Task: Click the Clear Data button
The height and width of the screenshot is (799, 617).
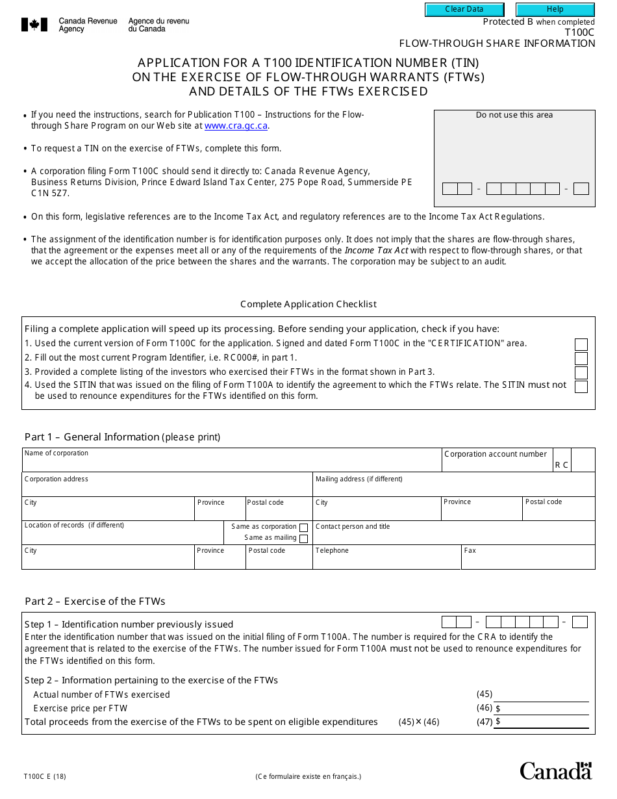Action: (x=464, y=10)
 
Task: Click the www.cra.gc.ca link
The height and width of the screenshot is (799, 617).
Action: (x=236, y=126)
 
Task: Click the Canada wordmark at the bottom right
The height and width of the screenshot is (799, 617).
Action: (x=555, y=771)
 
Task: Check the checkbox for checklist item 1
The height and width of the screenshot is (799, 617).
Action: (x=581, y=344)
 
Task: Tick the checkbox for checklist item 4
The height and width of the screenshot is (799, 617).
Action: (x=581, y=387)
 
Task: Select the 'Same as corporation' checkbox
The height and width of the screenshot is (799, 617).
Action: (x=303, y=527)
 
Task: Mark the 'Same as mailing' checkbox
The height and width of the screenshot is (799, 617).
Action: (x=303, y=538)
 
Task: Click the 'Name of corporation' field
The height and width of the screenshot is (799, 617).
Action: (x=231, y=463)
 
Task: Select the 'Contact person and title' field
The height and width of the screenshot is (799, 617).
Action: (x=453, y=536)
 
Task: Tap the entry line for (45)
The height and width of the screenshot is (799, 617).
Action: (x=541, y=694)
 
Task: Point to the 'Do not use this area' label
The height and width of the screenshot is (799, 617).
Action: (x=514, y=115)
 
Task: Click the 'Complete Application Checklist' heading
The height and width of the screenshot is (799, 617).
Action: (x=308, y=304)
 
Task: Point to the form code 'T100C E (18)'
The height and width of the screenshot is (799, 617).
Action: (x=45, y=776)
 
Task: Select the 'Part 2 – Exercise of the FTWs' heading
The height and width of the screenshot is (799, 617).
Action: (x=95, y=601)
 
